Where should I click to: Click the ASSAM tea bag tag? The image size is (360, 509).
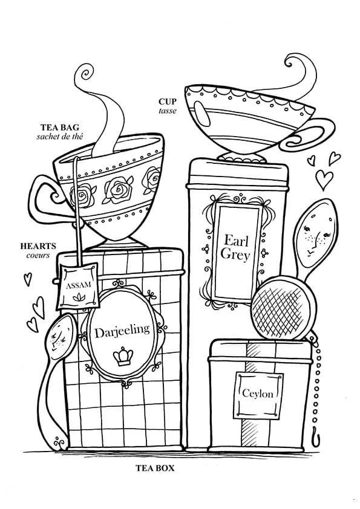[78, 286]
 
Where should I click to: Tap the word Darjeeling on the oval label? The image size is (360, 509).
[122, 331]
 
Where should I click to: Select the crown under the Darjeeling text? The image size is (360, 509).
[123, 356]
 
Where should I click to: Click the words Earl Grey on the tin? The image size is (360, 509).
[235, 247]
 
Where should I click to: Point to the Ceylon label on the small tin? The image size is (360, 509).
[257, 394]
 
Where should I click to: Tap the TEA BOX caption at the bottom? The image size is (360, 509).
[155, 468]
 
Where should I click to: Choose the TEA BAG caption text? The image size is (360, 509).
[60, 127]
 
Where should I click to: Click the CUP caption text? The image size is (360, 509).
[168, 102]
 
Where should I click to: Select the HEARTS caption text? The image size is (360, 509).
[38, 246]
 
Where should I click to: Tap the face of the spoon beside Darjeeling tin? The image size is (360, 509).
[60, 337]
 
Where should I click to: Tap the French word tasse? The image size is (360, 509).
[168, 111]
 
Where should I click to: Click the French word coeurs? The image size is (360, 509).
[38, 255]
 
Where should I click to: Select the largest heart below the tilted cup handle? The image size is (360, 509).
[324, 180]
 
